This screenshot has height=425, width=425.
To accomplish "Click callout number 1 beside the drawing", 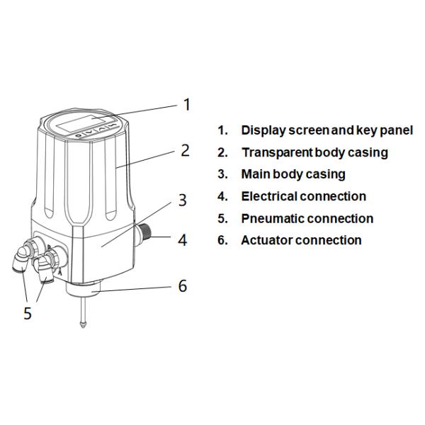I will pyautogui.click(x=187, y=105).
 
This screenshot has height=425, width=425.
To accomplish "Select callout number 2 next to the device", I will pyautogui.click(x=185, y=150).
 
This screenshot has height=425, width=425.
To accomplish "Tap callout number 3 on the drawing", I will pyautogui.click(x=182, y=200).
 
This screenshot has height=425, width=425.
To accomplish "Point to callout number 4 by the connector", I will pyautogui.click(x=182, y=240).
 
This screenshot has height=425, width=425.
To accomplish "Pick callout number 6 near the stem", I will pyautogui.click(x=182, y=286).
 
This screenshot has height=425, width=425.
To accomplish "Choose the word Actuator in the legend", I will pyautogui.click(x=266, y=240).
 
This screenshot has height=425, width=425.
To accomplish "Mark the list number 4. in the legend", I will pyautogui.click(x=222, y=196).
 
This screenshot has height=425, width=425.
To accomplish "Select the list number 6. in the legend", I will pyautogui.click(x=222, y=240).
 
